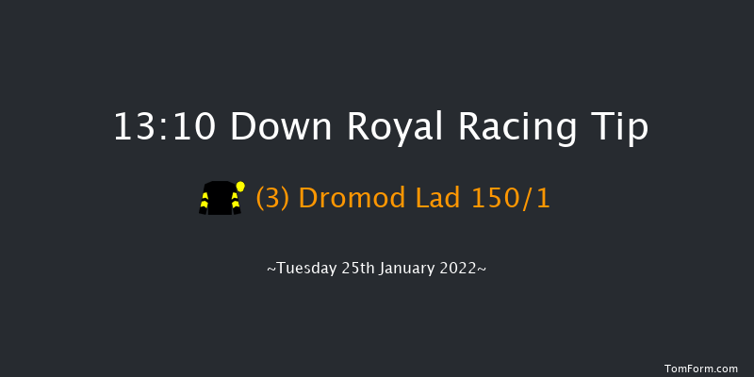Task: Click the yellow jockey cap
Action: coord(241,186)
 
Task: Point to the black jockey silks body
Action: coord(220,199)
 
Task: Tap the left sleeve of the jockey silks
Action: coord(204,202)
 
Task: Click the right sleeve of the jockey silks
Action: coord(236,202)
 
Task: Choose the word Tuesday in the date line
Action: coord(306,270)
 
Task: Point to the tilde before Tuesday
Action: coord(271,270)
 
